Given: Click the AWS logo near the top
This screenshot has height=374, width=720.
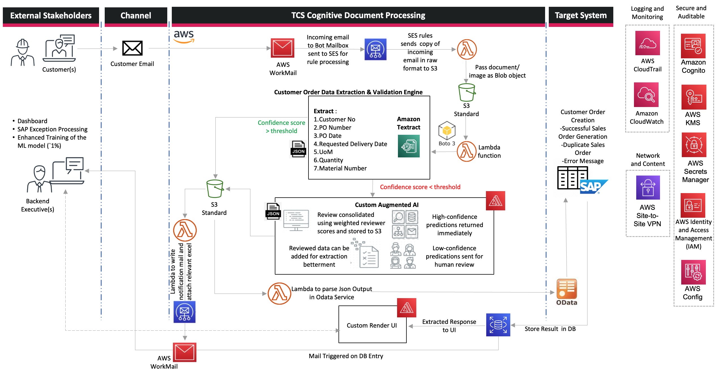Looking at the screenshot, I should tap(184, 37).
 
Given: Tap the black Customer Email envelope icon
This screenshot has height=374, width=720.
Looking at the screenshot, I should tap(132, 48).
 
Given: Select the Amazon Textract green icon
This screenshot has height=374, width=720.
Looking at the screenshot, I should tap(409, 146).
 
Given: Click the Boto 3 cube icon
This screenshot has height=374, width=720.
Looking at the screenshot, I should tap(447, 131).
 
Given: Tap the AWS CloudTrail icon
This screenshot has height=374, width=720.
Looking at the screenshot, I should tap(648, 43).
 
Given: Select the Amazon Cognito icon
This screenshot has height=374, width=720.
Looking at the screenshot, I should tap(693, 46).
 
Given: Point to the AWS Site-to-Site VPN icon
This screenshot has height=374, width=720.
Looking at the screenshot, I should tap(648, 188).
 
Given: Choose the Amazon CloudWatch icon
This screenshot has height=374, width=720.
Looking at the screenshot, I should tap(646, 95).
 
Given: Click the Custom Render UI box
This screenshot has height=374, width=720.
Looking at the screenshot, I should tap(372, 325).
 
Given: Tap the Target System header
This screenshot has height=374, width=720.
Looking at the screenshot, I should tap(581, 15).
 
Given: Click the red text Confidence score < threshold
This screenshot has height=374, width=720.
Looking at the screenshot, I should tap(420, 187).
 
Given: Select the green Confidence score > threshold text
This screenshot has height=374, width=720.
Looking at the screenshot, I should tap(281, 127).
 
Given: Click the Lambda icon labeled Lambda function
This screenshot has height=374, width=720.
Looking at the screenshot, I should tap(466, 151).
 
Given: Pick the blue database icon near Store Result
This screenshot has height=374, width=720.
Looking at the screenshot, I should tap(498, 325).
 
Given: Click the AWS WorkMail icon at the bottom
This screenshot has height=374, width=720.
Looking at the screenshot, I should tap(185, 352).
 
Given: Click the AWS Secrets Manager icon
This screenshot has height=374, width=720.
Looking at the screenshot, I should tap(694, 145).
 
